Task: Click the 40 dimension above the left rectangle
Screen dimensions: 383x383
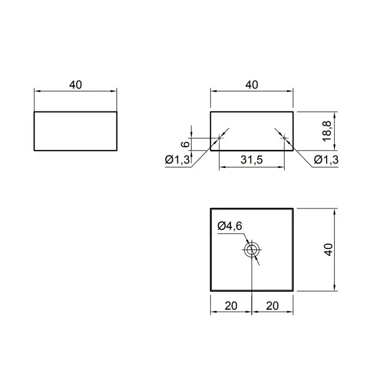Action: click(x=76, y=85)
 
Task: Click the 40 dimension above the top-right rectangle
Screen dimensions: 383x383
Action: click(x=252, y=85)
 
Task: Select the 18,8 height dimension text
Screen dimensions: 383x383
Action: click(x=327, y=131)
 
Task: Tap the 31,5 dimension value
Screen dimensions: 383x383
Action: click(x=252, y=160)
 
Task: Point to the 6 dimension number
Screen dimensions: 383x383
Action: click(x=185, y=144)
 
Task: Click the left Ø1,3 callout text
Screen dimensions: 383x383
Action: click(x=177, y=160)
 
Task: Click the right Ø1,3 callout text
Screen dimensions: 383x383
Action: click(x=326, y=160)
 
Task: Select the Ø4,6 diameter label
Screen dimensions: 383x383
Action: click(x=230, y=226)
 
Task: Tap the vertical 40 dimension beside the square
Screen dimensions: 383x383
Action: click(x=329, y=249)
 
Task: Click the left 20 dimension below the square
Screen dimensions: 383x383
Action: click(x=231, y=306)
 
